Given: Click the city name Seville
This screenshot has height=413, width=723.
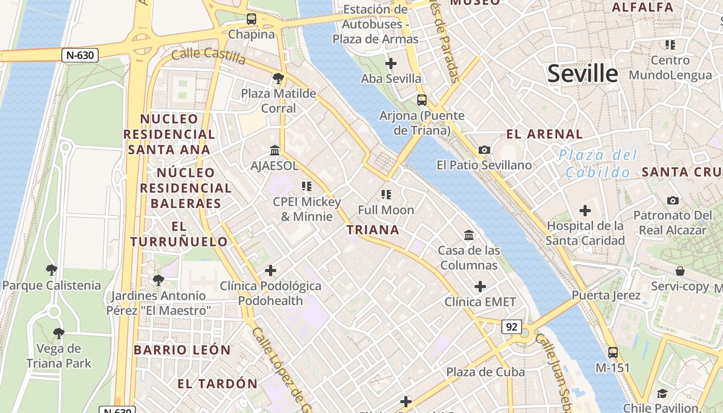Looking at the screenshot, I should (x=582, y=74).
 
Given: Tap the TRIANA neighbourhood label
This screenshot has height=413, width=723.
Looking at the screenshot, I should (x=373, y=230).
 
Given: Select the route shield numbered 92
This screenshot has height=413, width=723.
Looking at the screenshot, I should (x=511, y=327).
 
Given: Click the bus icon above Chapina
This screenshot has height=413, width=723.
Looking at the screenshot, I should (x=252, y=19).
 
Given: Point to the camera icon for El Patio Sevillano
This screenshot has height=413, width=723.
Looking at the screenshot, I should (x=484, y=150).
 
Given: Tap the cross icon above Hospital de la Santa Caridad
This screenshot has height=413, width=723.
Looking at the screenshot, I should (x=585, y=211).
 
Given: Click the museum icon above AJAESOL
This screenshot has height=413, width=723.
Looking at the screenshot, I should (x=275, y=150).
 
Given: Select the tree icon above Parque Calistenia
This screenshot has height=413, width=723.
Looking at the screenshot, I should (x=51, y=269).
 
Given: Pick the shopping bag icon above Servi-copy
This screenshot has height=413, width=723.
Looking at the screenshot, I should (x=680, y=271).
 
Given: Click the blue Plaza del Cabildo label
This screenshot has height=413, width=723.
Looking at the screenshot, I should (x=598, y=163).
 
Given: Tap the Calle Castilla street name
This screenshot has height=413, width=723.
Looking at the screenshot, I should (x=208, y=56).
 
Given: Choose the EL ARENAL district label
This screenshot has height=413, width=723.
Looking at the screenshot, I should (x=544, y=134).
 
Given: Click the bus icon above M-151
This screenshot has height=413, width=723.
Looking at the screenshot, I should (x=612, y=353).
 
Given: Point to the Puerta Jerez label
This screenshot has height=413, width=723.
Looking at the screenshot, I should (x=606, y=295).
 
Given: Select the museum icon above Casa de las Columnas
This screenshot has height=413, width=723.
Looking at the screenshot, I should (x=469, y=235).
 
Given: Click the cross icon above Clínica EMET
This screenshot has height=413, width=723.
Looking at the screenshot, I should (x=480, y=286).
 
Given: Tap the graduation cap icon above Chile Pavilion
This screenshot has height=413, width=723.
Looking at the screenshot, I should (x=662, y=394).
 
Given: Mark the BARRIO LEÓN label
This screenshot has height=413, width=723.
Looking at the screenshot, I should (x=182, y=350).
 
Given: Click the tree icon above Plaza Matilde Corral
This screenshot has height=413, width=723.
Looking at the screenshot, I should (x=278, y=78).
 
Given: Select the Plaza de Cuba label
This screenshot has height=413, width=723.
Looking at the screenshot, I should (x=485, y=372).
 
